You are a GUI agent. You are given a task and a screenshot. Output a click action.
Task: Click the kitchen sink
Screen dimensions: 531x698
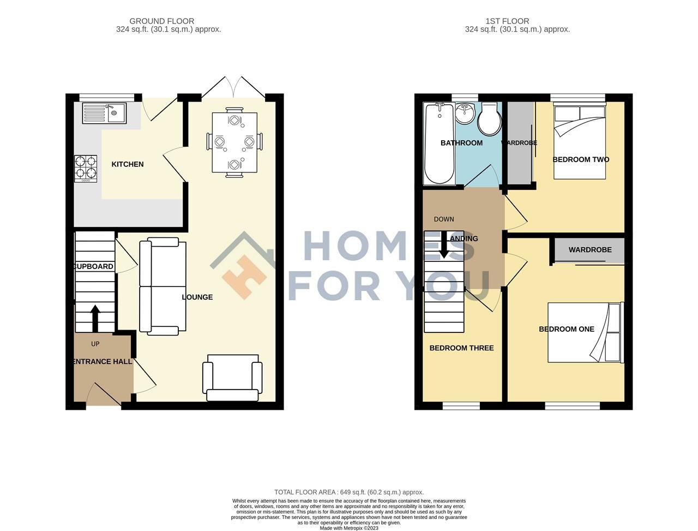click(x=104, y=114)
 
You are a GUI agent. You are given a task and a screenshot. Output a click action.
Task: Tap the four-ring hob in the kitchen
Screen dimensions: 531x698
click(x=86, y=169)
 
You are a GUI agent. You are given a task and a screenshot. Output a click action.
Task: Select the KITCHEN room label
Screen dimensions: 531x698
click(x=128, y=164)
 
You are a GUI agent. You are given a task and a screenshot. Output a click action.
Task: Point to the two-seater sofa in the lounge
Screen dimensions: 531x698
click(x=163, y=286)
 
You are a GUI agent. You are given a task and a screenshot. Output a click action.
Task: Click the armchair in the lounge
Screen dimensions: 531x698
click(x=232, y=378)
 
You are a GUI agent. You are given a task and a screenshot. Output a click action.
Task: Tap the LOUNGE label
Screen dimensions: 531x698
click(x=197, y=297)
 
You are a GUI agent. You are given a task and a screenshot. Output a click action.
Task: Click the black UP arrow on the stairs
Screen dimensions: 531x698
click(x=95, y=318)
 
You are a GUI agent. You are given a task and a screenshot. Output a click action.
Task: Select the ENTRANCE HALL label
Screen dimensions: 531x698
click(x=103, y=362)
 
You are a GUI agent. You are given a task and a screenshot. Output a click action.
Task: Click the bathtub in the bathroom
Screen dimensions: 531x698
click(x=439, y=144)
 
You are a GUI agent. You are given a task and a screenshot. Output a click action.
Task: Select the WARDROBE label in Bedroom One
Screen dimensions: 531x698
click(x=589, y=250)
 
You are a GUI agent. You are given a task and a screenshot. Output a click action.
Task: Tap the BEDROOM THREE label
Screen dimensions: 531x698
click(x=461, y=348)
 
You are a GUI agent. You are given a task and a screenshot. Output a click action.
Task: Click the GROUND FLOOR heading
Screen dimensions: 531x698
click(x=169, y=21)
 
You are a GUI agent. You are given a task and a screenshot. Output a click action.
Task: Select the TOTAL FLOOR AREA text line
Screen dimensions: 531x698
click(x=349, y=492)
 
